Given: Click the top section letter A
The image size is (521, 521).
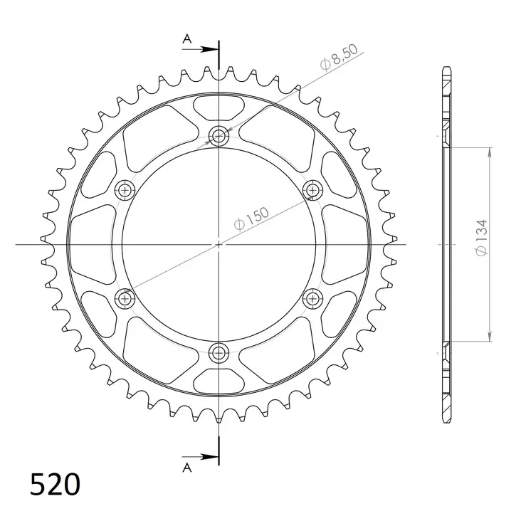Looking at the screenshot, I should [187, 40].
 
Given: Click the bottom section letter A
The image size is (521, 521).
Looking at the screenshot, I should [187, 467].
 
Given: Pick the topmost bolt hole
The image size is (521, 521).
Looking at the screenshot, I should [219, 136].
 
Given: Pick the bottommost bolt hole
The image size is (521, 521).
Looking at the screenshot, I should [219, 351].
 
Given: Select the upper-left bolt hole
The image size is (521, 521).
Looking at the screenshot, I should [125, 189].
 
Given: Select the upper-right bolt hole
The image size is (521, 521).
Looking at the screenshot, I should [312, 189].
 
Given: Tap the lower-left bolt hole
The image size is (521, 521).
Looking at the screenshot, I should [125, 298].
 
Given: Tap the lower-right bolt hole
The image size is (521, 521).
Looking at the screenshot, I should [312, 298].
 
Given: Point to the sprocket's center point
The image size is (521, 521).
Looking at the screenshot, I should [219, 243].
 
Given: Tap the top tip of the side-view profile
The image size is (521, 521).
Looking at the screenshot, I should [446, 68].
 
